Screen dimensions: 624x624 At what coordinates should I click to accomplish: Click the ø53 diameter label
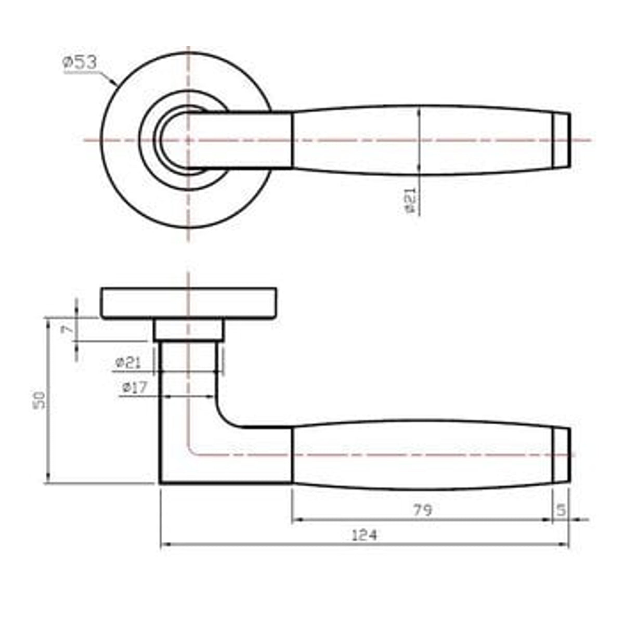(80, 62)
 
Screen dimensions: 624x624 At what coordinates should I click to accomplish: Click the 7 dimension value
(68, 329)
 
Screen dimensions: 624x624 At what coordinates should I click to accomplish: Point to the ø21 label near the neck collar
(128, 362)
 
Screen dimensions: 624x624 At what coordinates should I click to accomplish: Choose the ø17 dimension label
(135, 387)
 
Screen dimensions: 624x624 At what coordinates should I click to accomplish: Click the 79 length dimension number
(423, 510)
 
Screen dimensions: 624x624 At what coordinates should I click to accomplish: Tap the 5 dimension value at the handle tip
(561, 510)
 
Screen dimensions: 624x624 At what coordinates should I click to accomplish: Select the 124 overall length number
(365, 535)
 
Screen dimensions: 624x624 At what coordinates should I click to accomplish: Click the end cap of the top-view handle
(561, 140)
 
